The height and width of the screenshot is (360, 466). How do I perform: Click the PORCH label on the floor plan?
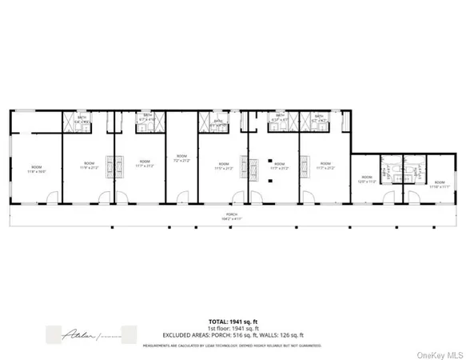coord(233,216)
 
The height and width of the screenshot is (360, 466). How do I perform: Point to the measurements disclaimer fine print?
coord(233,346)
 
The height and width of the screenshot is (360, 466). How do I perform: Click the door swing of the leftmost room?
coord(51,197)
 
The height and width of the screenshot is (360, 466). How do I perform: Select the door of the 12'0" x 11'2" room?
coord(388,197)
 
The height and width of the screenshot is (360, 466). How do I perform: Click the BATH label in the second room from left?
coord(81,119)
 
